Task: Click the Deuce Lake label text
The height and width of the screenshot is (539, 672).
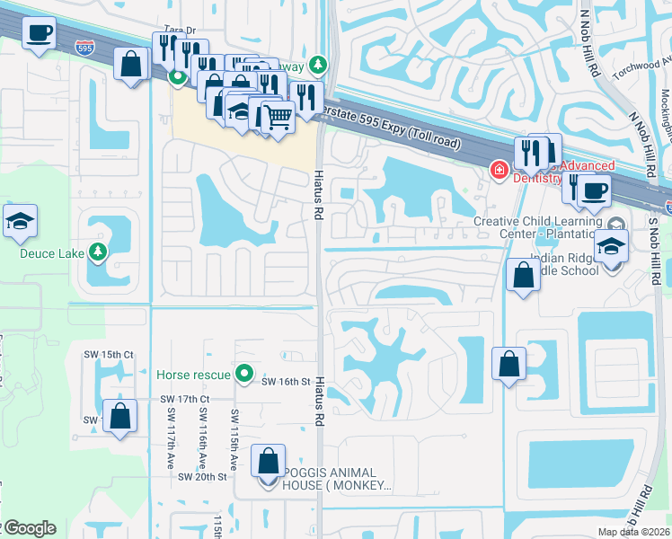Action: (53, 253)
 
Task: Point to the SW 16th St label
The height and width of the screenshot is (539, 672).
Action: (286, 382)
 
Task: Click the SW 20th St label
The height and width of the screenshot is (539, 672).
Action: (202, 476)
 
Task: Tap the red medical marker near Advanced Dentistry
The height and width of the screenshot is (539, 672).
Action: (498, 169)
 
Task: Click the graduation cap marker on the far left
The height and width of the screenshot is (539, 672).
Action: (19, 221)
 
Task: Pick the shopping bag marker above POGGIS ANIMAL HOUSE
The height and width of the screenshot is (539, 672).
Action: (269, 461)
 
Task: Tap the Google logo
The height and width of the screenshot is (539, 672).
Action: (29, 528)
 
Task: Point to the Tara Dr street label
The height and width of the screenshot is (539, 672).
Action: (180, 30)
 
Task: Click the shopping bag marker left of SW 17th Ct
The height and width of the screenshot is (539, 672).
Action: (119, 417)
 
